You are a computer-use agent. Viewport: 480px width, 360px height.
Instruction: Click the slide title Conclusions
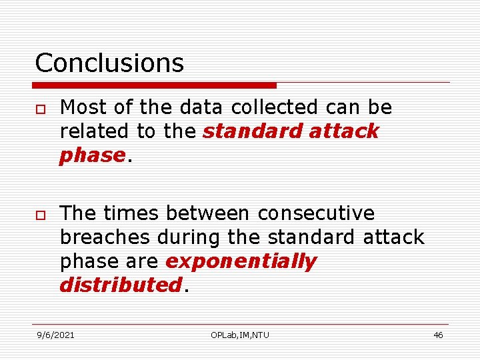(x=109, y=63)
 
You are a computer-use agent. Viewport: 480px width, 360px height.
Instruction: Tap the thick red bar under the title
(x=154, y=85)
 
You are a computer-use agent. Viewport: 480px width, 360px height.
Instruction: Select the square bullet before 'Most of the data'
(x=40, y=108)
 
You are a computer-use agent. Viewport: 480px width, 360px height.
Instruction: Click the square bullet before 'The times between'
(x=40, y=214)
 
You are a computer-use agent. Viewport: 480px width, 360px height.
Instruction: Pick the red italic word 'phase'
(x=92, y=155)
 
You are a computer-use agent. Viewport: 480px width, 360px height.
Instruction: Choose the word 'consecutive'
(x=316, y=213)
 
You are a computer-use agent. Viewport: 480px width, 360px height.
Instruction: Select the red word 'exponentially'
(x=241, y=261)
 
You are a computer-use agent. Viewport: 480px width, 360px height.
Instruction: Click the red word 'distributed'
(x=120, y=285)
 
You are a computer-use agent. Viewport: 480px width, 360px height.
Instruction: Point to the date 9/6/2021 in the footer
(x=55, y=335)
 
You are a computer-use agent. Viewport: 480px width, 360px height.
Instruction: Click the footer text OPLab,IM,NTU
(x=240, y=335)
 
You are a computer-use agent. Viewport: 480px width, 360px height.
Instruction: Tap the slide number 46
(x=438, y=335)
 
